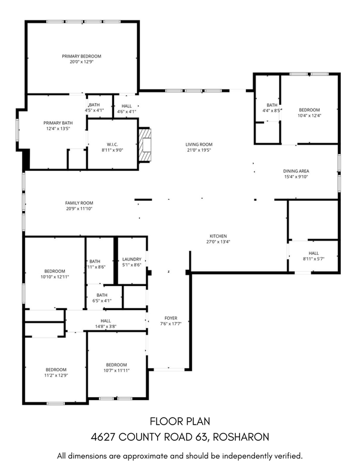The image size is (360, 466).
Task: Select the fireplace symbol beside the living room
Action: click(145, 146)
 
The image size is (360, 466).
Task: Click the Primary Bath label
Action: click(58, 122)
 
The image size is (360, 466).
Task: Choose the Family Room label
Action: click(79, 203)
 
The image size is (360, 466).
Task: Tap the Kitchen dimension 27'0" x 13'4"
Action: click(217, 242)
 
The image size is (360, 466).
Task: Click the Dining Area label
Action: click(296, 171)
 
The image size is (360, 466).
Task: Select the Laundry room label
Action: click(131, 258)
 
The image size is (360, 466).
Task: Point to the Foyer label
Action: click(171, 318)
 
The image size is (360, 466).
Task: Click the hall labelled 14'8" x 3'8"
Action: click(106, 324)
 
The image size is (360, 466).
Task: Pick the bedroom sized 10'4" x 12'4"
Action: click(310, 113)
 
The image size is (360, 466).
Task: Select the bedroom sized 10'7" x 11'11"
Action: click(117, 368)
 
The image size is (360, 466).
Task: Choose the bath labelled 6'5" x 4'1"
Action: click(102, 297)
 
